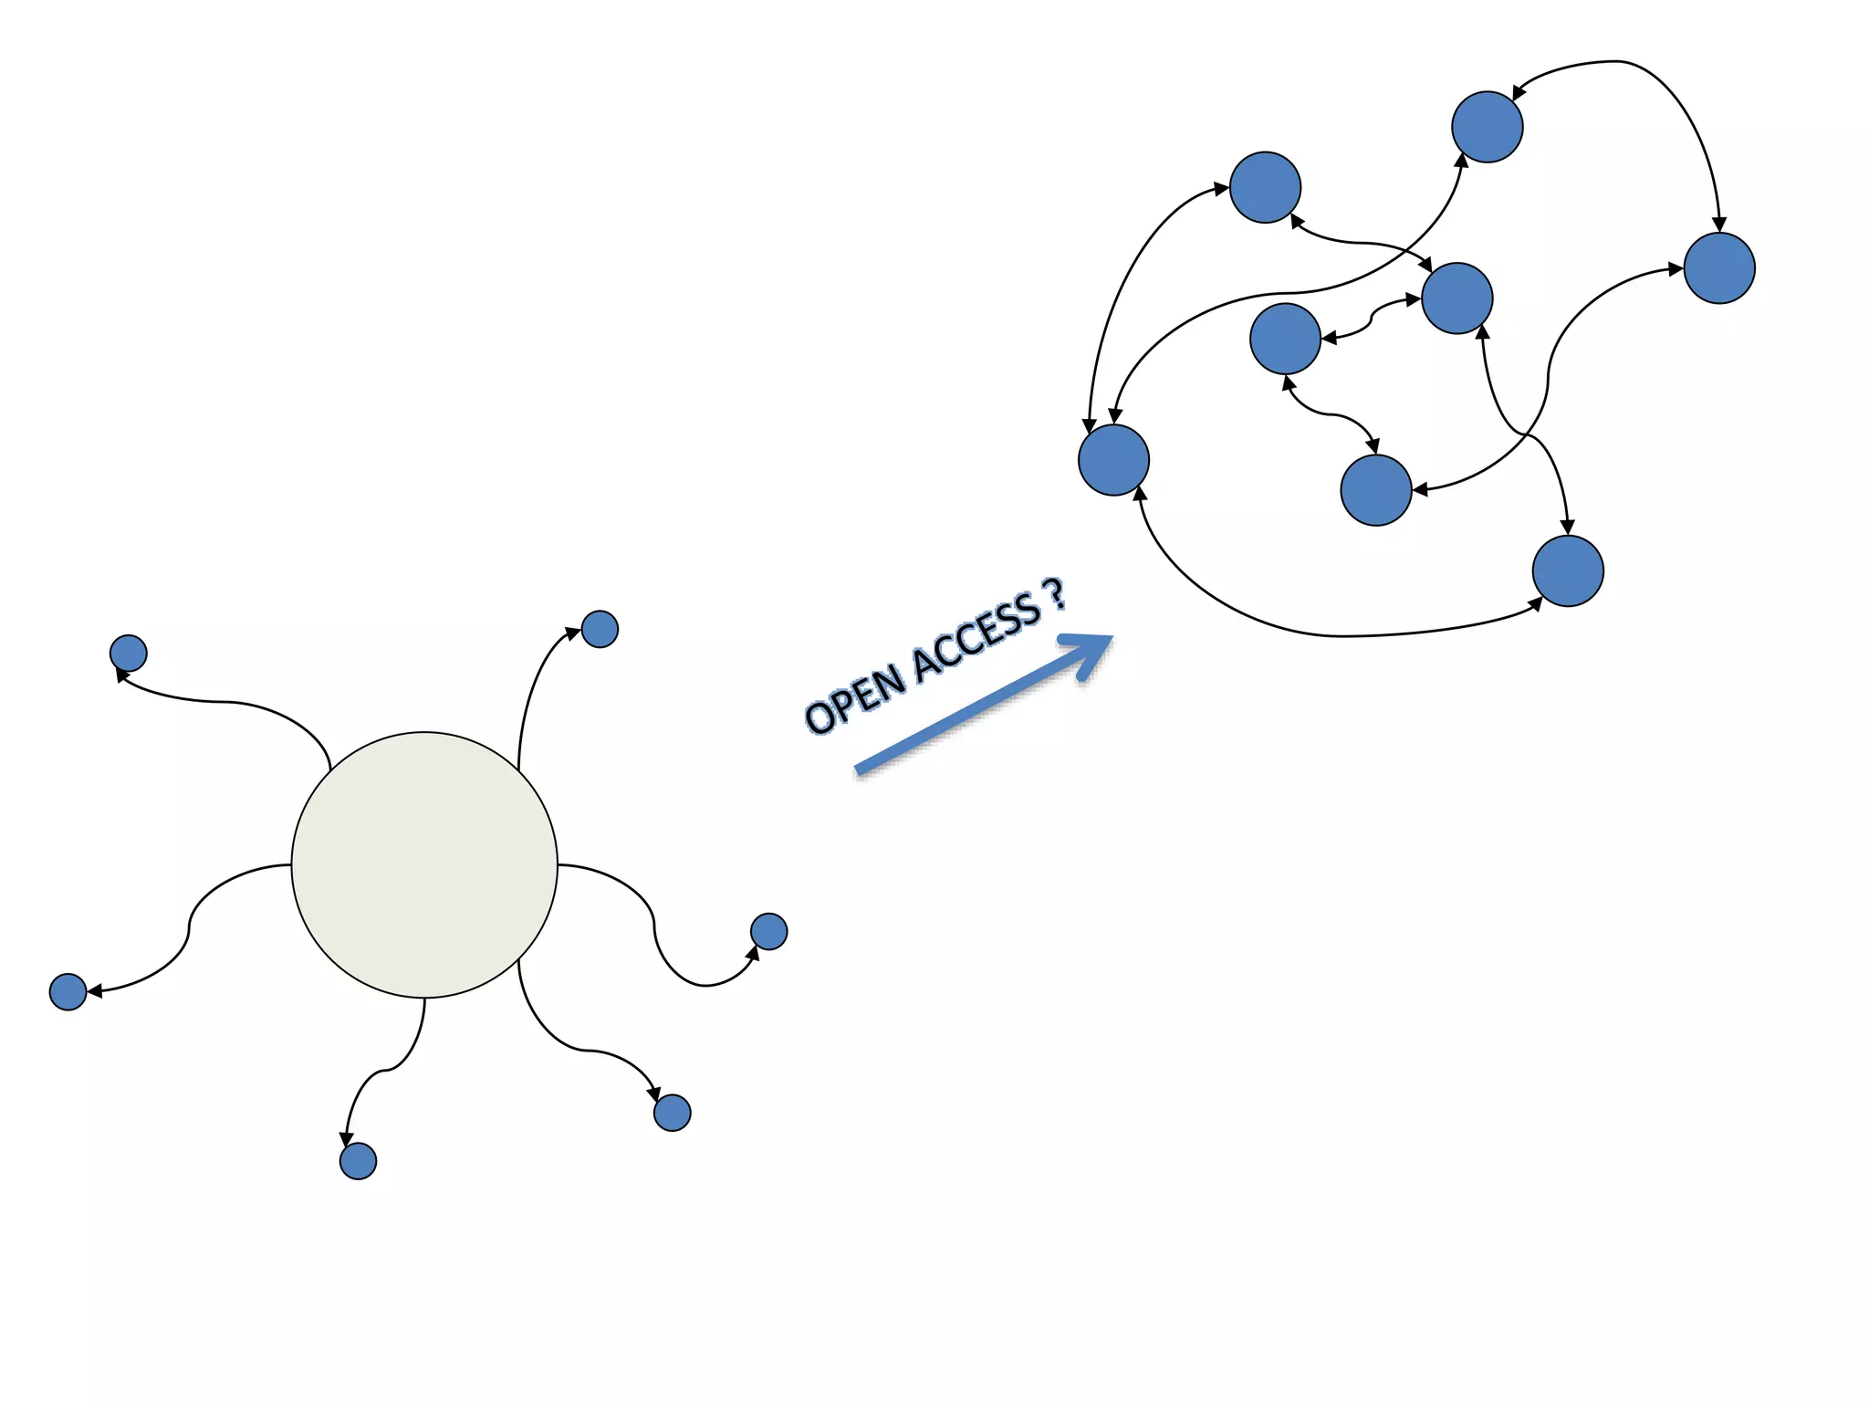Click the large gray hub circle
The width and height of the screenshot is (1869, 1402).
tap(424, 864)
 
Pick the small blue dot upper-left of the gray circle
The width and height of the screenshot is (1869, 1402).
tap(129, 654)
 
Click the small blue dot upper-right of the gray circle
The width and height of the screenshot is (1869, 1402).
tap(600, 629)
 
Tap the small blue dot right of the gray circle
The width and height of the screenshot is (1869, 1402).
tap(768, 931)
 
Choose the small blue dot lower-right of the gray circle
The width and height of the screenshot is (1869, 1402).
tap(673, 1113)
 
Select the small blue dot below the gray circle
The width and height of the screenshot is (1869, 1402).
tap(358, 1161)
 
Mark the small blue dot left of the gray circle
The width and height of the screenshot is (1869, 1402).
tap(68, 991)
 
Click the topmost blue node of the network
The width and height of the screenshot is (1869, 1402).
tap(1487, 127)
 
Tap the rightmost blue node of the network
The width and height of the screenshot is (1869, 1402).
tap(1719, 267)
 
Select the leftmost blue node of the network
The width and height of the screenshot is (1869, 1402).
tap(1113, 460)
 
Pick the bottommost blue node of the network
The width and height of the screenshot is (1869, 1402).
tap(1568, 571)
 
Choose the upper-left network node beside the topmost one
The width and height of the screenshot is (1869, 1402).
tap(1265, 187)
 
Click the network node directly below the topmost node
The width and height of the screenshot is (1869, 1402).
tap(1457, 298)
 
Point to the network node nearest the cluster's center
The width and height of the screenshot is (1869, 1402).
tap(1285, 339)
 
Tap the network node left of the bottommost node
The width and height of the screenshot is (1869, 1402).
tap(1376, 490)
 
